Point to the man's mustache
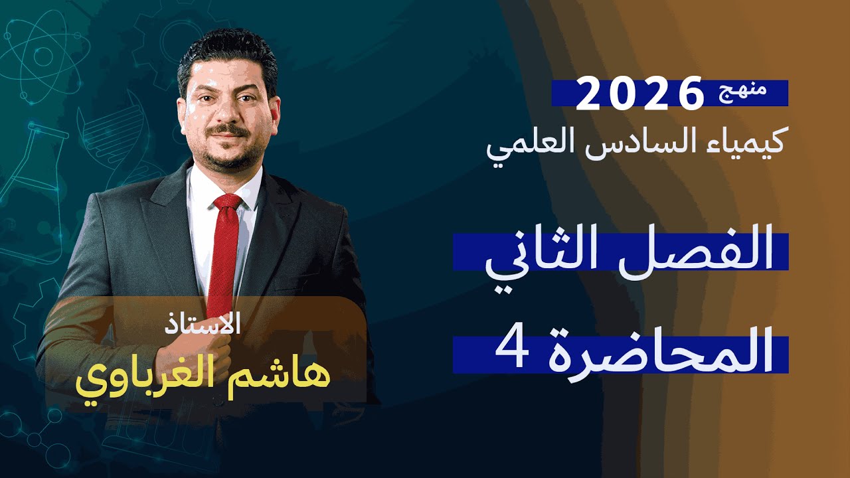tap(227, 129)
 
